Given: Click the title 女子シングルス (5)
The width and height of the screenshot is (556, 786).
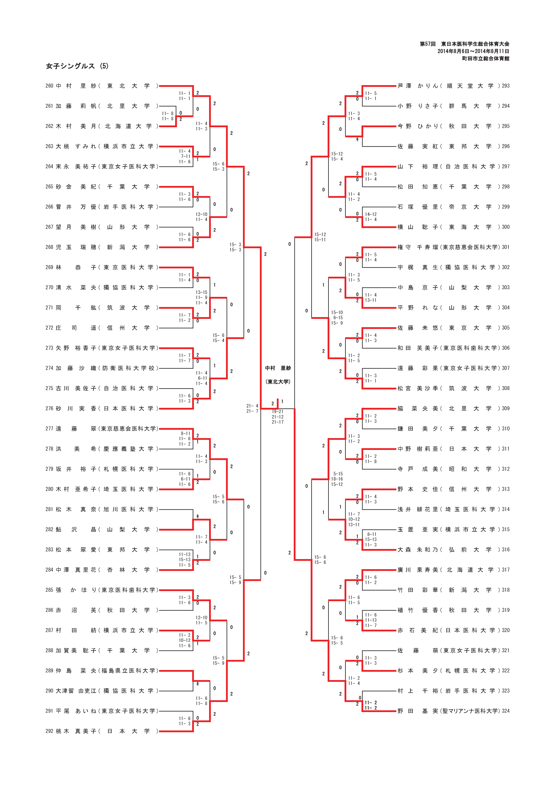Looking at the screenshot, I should pos(77,66).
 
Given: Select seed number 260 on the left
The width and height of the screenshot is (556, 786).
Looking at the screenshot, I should pos(49,86).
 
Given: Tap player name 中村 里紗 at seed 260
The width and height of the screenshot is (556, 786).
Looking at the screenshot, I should pos(76,86).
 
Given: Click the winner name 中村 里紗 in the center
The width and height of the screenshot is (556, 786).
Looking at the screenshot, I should pos(278,368).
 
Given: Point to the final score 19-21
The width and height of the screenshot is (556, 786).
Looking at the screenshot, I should pos(277,412).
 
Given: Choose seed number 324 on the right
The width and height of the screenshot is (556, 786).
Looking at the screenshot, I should pos(506,711).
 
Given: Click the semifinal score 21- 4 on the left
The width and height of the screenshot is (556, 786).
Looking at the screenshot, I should pos(252,406).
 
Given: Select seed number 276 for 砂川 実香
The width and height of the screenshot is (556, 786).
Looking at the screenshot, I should pos(49,408).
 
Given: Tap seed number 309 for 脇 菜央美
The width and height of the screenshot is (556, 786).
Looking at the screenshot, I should pos(506,408).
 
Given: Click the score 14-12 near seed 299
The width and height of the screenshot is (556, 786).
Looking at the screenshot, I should pos(371,214).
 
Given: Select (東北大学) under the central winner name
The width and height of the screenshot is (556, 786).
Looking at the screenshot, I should pos(278,382).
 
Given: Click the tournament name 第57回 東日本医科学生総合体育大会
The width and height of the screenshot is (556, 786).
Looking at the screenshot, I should pos(464,44).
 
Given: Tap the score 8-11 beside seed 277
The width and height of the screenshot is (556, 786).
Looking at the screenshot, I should pos(185,433).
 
